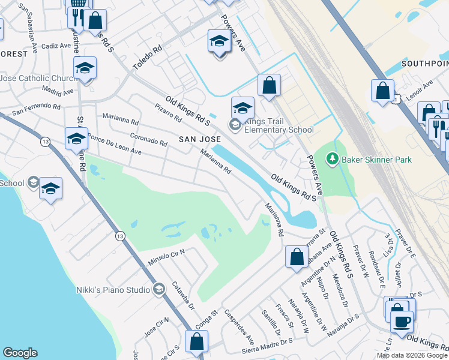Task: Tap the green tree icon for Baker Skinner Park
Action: [x=330, y=159]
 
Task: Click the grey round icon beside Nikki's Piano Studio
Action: [x=158, y=290]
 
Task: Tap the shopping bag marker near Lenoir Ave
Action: [x=382, y=91]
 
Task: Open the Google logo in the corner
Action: [x=20, y=353]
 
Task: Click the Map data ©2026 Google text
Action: [x=412, y=355]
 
